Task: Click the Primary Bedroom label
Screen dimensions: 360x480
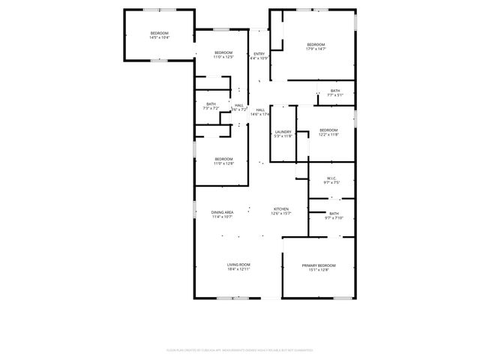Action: coord(319,266)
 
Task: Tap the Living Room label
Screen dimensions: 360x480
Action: coord(238,265)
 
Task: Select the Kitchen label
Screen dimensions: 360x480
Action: coord(281,208)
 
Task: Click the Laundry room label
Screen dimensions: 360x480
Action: coord(283,132)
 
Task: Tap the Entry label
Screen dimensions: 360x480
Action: coord(259,54)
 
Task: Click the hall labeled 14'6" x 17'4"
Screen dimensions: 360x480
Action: coord(260,112)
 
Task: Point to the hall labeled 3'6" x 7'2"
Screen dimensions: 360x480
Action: coord(238,107)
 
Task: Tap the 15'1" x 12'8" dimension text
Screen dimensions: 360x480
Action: coord(319,270)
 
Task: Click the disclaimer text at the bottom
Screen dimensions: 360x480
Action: coord(240,349)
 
